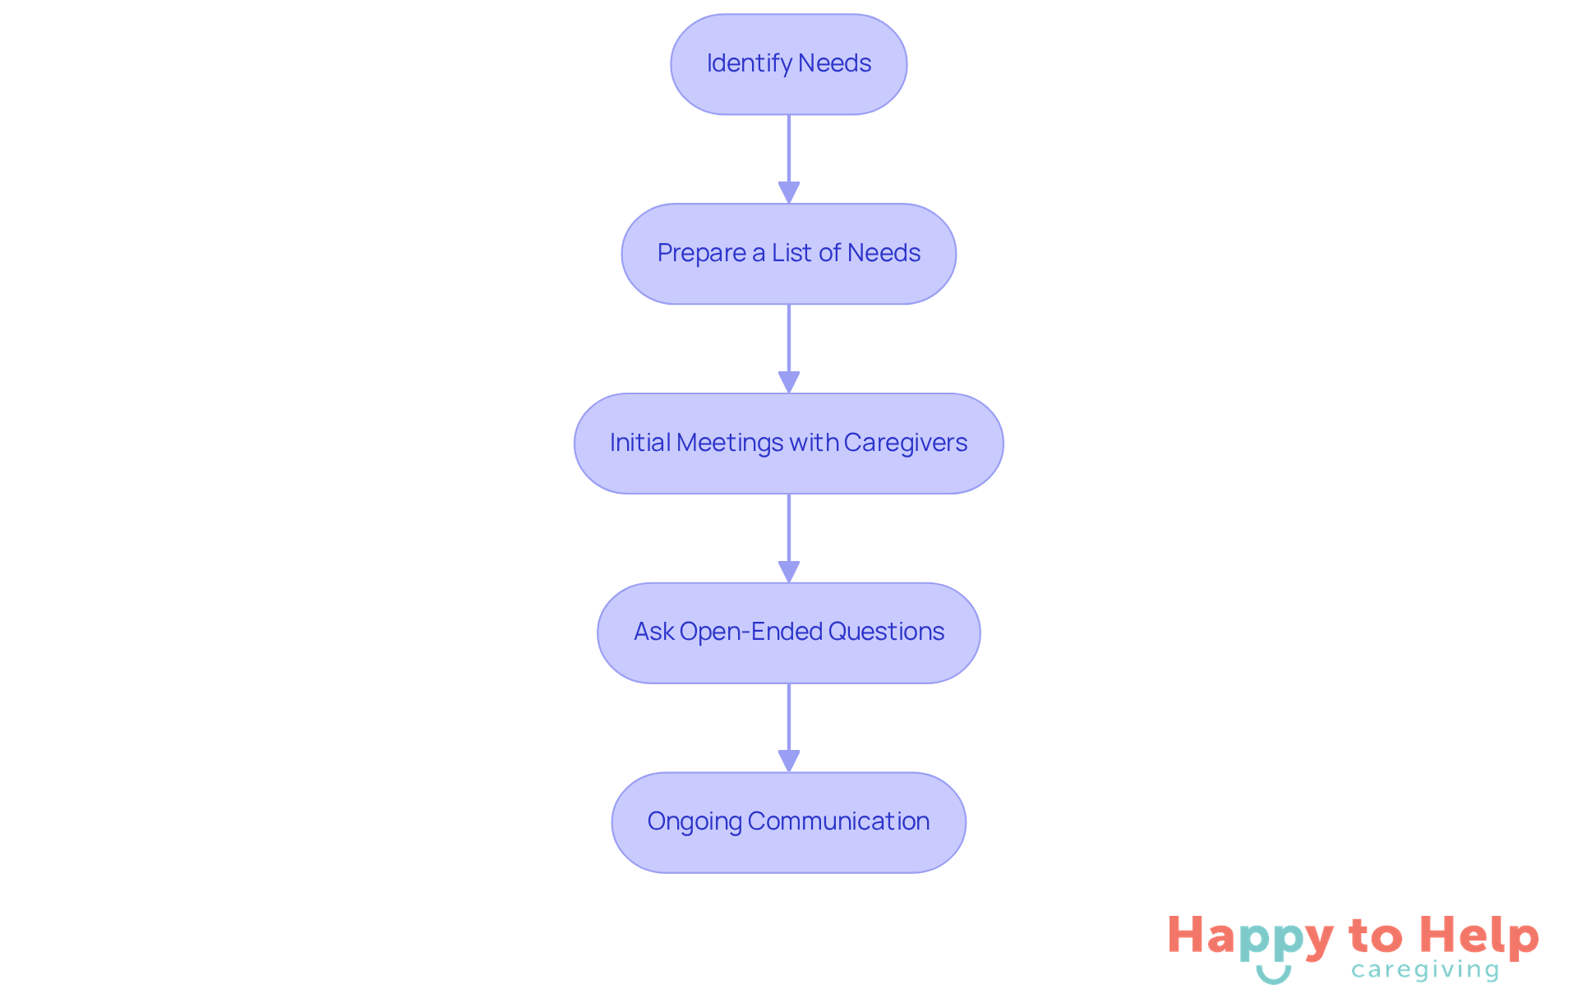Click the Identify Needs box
click(788, 64)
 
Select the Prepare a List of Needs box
click(788, 254)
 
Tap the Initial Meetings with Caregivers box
click(788, 444)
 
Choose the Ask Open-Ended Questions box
click(788, 633)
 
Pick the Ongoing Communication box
click(788, 822)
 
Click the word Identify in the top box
click(749, 64)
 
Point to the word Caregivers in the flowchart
click(905, 443)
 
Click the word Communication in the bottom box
click(838, 821)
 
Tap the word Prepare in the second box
click(701, 254)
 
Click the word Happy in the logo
click(1250, 937)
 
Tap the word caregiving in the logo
click(1425, 971)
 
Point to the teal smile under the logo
click(1273, 975)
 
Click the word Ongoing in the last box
click(694, 822)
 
